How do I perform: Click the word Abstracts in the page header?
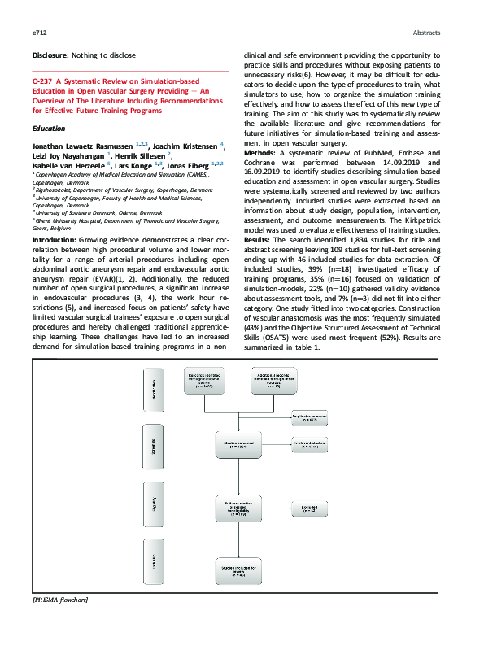(425, 33)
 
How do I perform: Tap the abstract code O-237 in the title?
(41, 83)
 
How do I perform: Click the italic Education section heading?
(47, 129)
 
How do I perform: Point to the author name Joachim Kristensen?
(190, 145)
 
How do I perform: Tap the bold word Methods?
(263, 152)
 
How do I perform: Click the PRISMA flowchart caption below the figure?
(59, 600)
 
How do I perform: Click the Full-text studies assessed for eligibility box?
(238, 510)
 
